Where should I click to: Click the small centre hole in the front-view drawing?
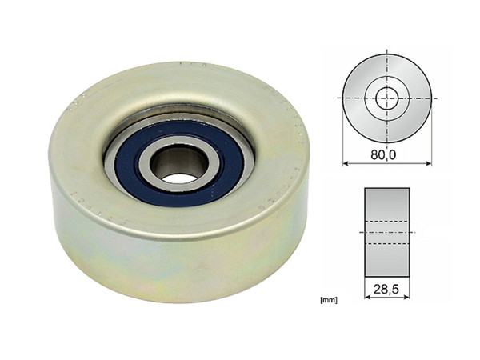pyautogui.click(x=387, y=97)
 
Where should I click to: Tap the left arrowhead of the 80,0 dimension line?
pyautogui.click(x=346, y=162)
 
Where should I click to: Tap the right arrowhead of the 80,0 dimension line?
pyautogui.click(x=429, y=162)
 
